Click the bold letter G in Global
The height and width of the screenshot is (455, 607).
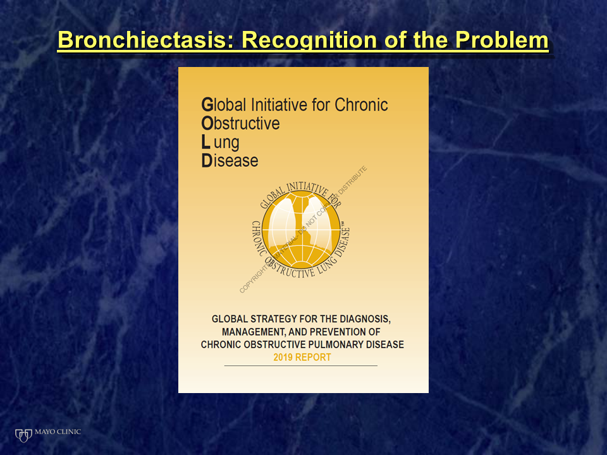tap(207, 104)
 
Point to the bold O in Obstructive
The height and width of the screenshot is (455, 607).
tap(207, 123)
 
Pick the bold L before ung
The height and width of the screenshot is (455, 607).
tap(205, 142)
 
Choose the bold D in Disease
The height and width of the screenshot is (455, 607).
tap(207, 161)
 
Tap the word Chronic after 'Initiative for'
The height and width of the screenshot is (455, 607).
tap(361, 104)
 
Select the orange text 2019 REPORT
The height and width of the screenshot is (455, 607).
tap(302, 357)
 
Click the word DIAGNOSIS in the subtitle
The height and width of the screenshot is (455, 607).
tap(365, 318)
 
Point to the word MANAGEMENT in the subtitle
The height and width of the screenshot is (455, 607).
tap(254, 332)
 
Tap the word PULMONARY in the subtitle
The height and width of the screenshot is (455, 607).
tap(334, 344)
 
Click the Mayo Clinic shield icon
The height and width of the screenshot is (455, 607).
tap(23, 435)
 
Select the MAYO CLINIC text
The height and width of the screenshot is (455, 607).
tap(58, 432)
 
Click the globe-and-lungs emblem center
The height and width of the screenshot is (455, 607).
tap(301, 231)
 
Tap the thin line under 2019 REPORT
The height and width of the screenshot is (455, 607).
tap(301, 365)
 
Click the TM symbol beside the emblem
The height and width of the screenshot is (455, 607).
tap(344, 224)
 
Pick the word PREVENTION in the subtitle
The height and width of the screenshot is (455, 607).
tap(334, 332)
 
